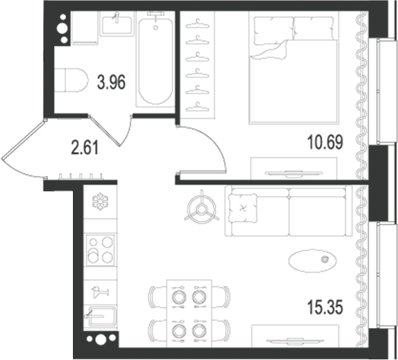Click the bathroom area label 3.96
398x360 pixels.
click(x=112, y=83)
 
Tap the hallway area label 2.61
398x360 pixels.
click(x=85, y=148)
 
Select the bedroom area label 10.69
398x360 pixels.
click(x=325, y=142)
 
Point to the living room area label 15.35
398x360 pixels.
click(x=325, y=307)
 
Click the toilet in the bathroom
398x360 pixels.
click(x=71, y=80)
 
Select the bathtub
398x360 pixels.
click(x=156, y=59)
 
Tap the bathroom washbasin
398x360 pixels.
click(x=117, y=25)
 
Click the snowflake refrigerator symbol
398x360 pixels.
click(x=100, y=201)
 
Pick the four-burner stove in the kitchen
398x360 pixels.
click(x=100, y=250)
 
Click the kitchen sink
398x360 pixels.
click(x=100, y=316)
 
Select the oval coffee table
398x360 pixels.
click(x=313, y=261)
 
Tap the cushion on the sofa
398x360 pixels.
click(x=243, y=208)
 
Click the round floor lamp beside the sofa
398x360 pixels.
click(x=202, y=209)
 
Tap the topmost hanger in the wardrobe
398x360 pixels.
click(x=197, y=24)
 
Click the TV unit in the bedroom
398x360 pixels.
click(x=294, y=169)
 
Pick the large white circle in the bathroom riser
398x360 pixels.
click(x=62, y=28)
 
